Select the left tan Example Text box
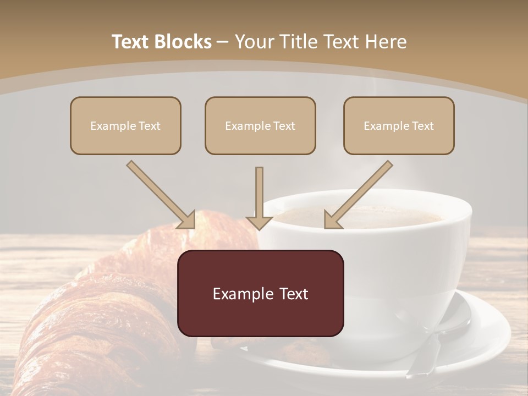(125, 126)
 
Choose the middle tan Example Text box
(260, 126)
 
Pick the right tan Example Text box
(399, 126)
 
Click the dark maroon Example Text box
(260, 294)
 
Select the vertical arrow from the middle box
(259, 198)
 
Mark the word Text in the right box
(422, 126)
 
